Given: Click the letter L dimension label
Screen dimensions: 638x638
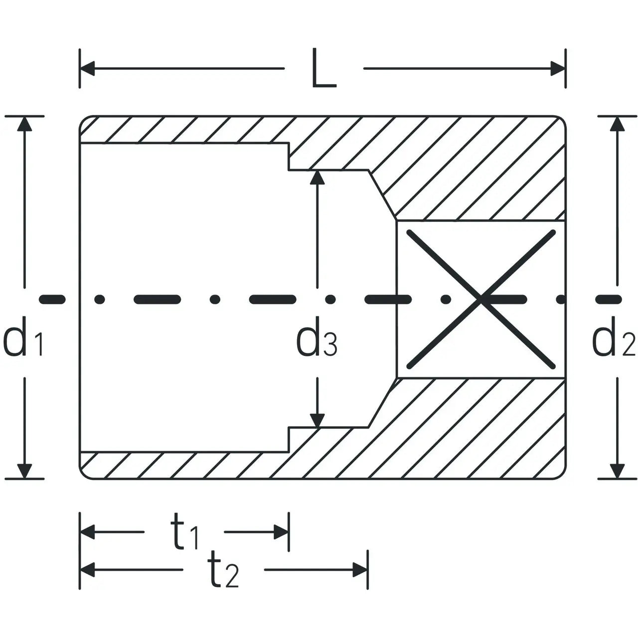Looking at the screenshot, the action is point(324,68).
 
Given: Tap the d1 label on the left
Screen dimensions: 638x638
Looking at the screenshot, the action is point(23,336).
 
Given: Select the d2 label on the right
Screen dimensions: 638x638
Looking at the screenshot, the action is point(613,336).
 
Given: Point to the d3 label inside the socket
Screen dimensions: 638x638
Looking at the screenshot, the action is point(317,336).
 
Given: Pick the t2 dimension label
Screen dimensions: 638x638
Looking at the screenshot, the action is point(223,569).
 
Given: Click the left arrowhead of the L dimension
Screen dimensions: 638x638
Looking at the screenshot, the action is point(87,68).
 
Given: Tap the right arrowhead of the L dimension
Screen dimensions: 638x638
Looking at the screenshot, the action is point(558,68).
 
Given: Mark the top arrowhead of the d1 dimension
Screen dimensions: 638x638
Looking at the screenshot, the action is point(24,124).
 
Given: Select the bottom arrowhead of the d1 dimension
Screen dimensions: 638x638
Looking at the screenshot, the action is point(24,471).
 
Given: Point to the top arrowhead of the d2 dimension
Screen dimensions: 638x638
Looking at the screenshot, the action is point(617,124).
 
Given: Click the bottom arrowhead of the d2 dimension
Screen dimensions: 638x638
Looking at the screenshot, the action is point(617,471).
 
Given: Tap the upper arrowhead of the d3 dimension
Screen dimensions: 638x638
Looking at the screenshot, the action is point(317,177).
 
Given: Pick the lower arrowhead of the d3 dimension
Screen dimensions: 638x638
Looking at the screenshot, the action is point(317,421).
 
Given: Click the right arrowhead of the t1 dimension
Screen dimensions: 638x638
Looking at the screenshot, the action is point(281,532).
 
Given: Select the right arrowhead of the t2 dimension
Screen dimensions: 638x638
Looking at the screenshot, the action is point(360,570).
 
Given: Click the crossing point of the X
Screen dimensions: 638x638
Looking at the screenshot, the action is point(480,299).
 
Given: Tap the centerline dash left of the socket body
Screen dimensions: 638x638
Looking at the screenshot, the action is point(52,299).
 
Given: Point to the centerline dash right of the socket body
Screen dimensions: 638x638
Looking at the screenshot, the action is point(609,299).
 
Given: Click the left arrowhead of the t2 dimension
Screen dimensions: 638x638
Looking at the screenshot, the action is point(87,570).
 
